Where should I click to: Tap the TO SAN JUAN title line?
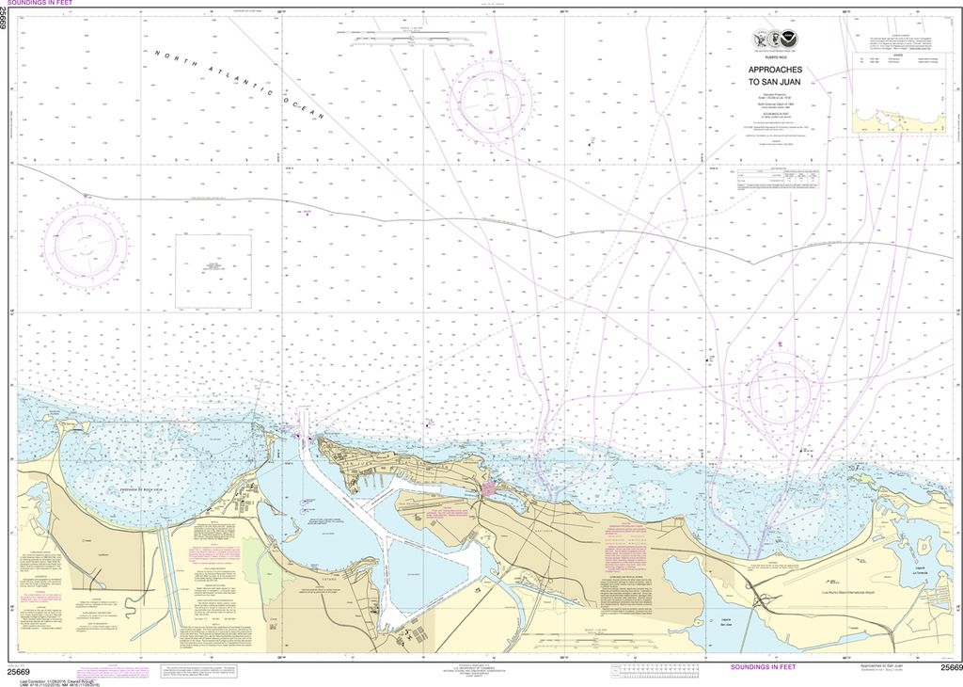(771, 83)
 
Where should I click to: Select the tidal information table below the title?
(779, 179)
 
